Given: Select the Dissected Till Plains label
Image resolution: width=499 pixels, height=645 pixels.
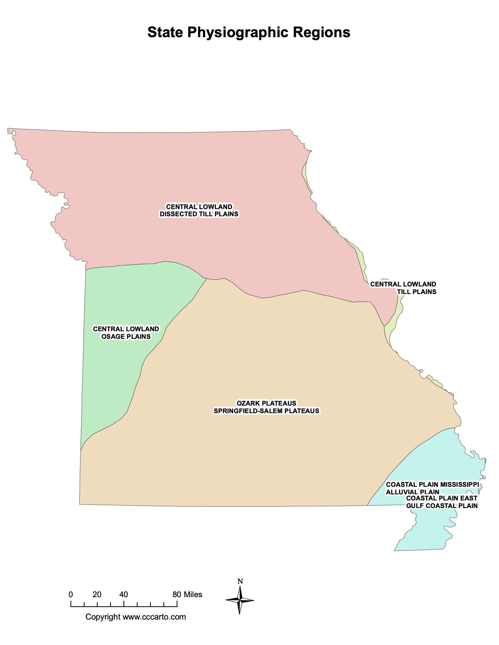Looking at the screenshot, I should coord(199,214).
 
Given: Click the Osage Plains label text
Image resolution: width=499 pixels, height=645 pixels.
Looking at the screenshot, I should coord(126,337).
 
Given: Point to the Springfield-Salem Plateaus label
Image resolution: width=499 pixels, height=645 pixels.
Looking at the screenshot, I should coord(266,411).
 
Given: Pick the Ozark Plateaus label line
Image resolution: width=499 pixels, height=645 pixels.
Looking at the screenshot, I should coord(266,403).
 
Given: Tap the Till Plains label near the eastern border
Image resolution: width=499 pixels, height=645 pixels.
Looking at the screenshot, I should coord(417,292).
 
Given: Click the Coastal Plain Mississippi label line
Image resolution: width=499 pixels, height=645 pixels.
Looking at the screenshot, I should coord(432,485).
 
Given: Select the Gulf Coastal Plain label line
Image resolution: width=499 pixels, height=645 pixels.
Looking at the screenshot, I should coord(442,506).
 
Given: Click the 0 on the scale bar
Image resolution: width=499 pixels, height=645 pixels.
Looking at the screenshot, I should coord(71,595).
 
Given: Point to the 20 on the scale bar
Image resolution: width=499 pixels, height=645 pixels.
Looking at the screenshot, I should coord(97,595).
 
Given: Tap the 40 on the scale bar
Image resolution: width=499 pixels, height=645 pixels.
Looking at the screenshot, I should coord(123,595).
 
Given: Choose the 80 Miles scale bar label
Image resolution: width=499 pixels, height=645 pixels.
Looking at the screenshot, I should coord(187,595).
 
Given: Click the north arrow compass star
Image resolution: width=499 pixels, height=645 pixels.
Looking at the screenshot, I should coord(240,600).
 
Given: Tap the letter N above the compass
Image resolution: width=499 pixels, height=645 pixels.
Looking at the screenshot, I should coord(240,581).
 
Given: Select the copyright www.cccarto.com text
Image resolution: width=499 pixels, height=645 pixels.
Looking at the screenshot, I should coord(136,617).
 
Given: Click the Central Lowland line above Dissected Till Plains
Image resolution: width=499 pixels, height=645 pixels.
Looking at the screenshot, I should coord(199,207).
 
